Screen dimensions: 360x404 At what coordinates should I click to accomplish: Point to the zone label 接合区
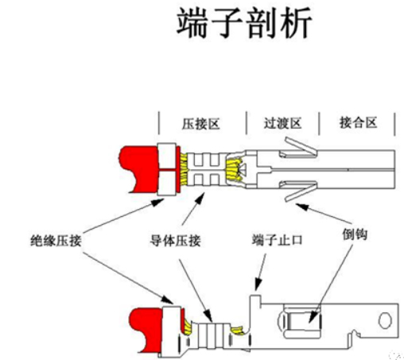[x=356, y=124]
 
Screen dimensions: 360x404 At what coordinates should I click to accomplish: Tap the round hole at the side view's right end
[x=386, y=319]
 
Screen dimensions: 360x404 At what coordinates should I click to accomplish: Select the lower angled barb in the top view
[x=299, y=191]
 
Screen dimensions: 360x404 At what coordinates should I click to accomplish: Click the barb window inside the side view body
[x=303, y=323]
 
